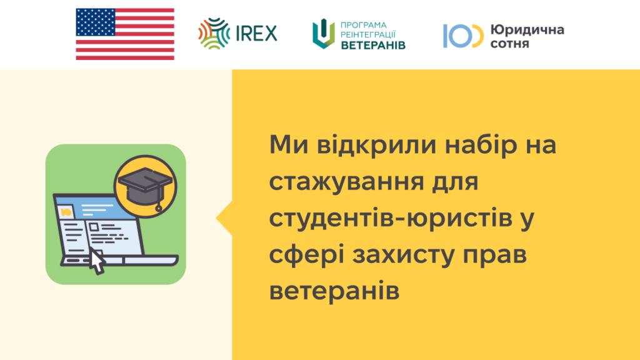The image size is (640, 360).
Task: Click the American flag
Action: [125, 34]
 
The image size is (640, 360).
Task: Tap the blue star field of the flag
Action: [96, 22]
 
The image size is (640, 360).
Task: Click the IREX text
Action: [256, 33]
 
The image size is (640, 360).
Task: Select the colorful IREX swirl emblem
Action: [214, 34]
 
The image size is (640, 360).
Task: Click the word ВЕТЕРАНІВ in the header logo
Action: [373, 45]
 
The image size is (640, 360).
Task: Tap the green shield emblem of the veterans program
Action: [324, 34]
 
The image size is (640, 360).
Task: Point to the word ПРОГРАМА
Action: [364, 25]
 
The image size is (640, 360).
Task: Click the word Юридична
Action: [527, 30]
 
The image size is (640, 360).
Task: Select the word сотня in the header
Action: [509, 44]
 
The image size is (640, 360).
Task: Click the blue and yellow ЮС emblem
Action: [463, 36]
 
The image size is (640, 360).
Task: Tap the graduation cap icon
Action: [146, 186]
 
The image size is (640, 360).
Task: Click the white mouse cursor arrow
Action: [97, 261]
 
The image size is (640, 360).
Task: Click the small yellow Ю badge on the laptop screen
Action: [66, 212]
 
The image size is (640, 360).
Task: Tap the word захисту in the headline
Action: [403, 255]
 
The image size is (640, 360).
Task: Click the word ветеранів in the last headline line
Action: [334, 291]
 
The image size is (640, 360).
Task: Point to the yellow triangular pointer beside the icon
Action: [225, 218]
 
